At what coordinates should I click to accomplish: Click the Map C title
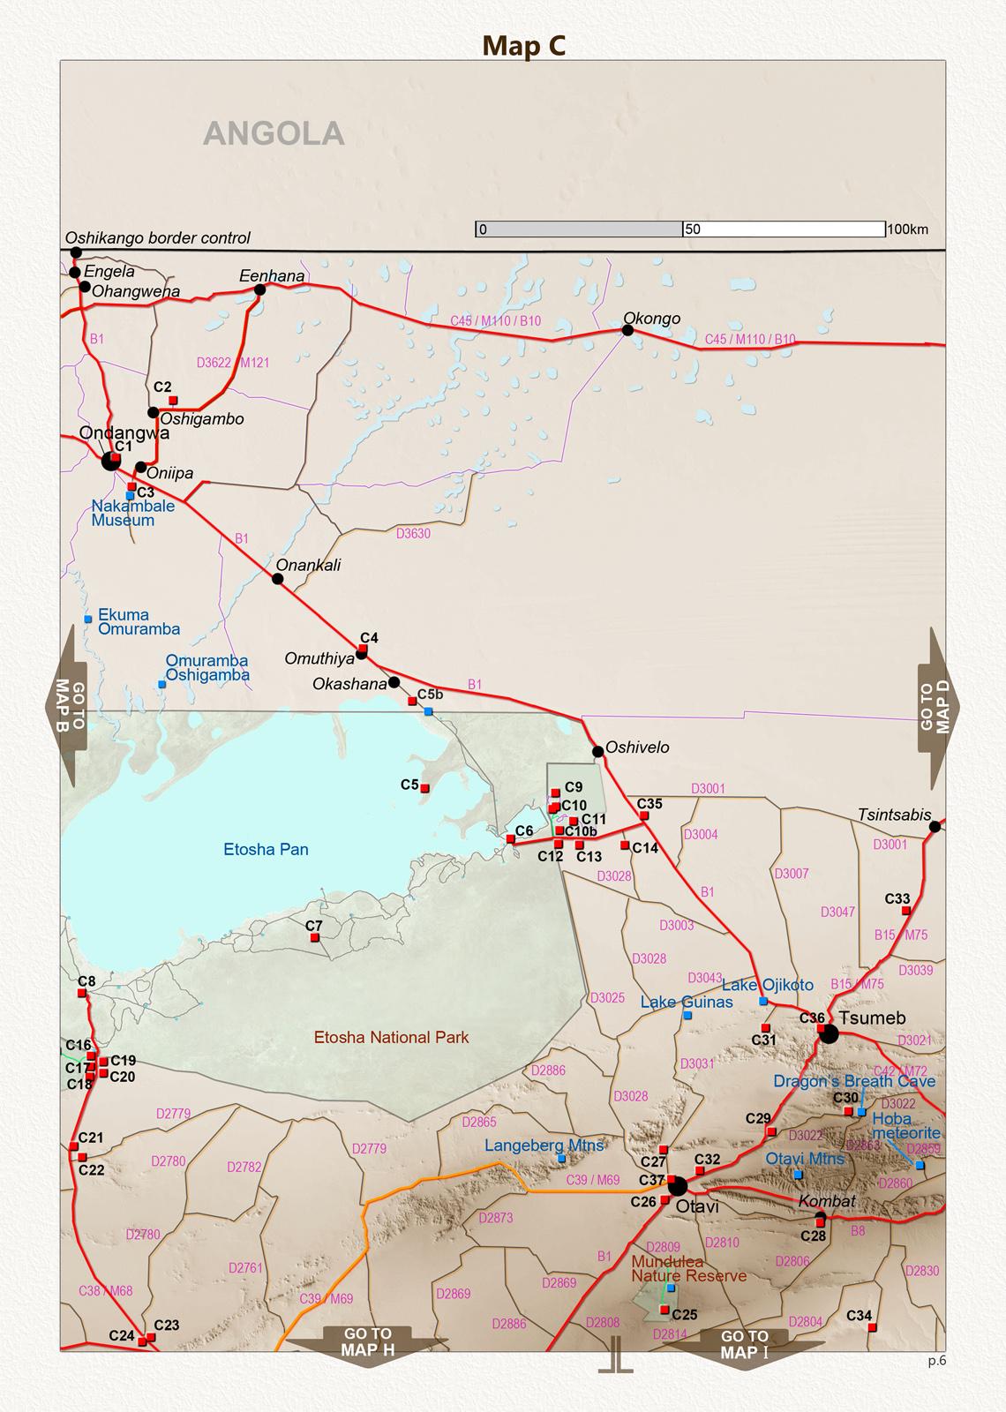(x=523, y=46)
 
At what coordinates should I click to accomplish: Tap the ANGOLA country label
(x=274, y=133)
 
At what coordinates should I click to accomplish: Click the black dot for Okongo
(x=627, y=330)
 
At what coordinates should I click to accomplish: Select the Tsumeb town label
(x=872, y=1018)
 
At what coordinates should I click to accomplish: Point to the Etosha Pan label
(x=266, y=850)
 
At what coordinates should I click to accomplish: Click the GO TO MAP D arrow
(x=938, y=708)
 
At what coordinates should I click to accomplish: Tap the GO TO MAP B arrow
(x=66, y=706)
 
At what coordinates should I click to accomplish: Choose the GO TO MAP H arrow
(x=367, y=1346)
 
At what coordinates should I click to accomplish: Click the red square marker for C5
(x=424, y=788)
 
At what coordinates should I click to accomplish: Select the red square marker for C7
(x=314, y=938)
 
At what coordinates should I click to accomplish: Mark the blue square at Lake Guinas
(x=687, y=1016)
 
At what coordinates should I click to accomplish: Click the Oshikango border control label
(x=158, y=238)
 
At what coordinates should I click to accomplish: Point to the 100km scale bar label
(x=908, y=230)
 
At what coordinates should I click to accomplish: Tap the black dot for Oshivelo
(x=597, y=752)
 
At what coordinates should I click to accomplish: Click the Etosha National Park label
(x=392, y=1038)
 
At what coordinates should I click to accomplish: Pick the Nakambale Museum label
(x=132, y=513)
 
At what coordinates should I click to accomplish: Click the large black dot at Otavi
(x=678, y=1185)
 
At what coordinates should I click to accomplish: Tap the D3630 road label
(x=413, y=534)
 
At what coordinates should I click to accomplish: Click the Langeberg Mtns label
(x=544, y=1145)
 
